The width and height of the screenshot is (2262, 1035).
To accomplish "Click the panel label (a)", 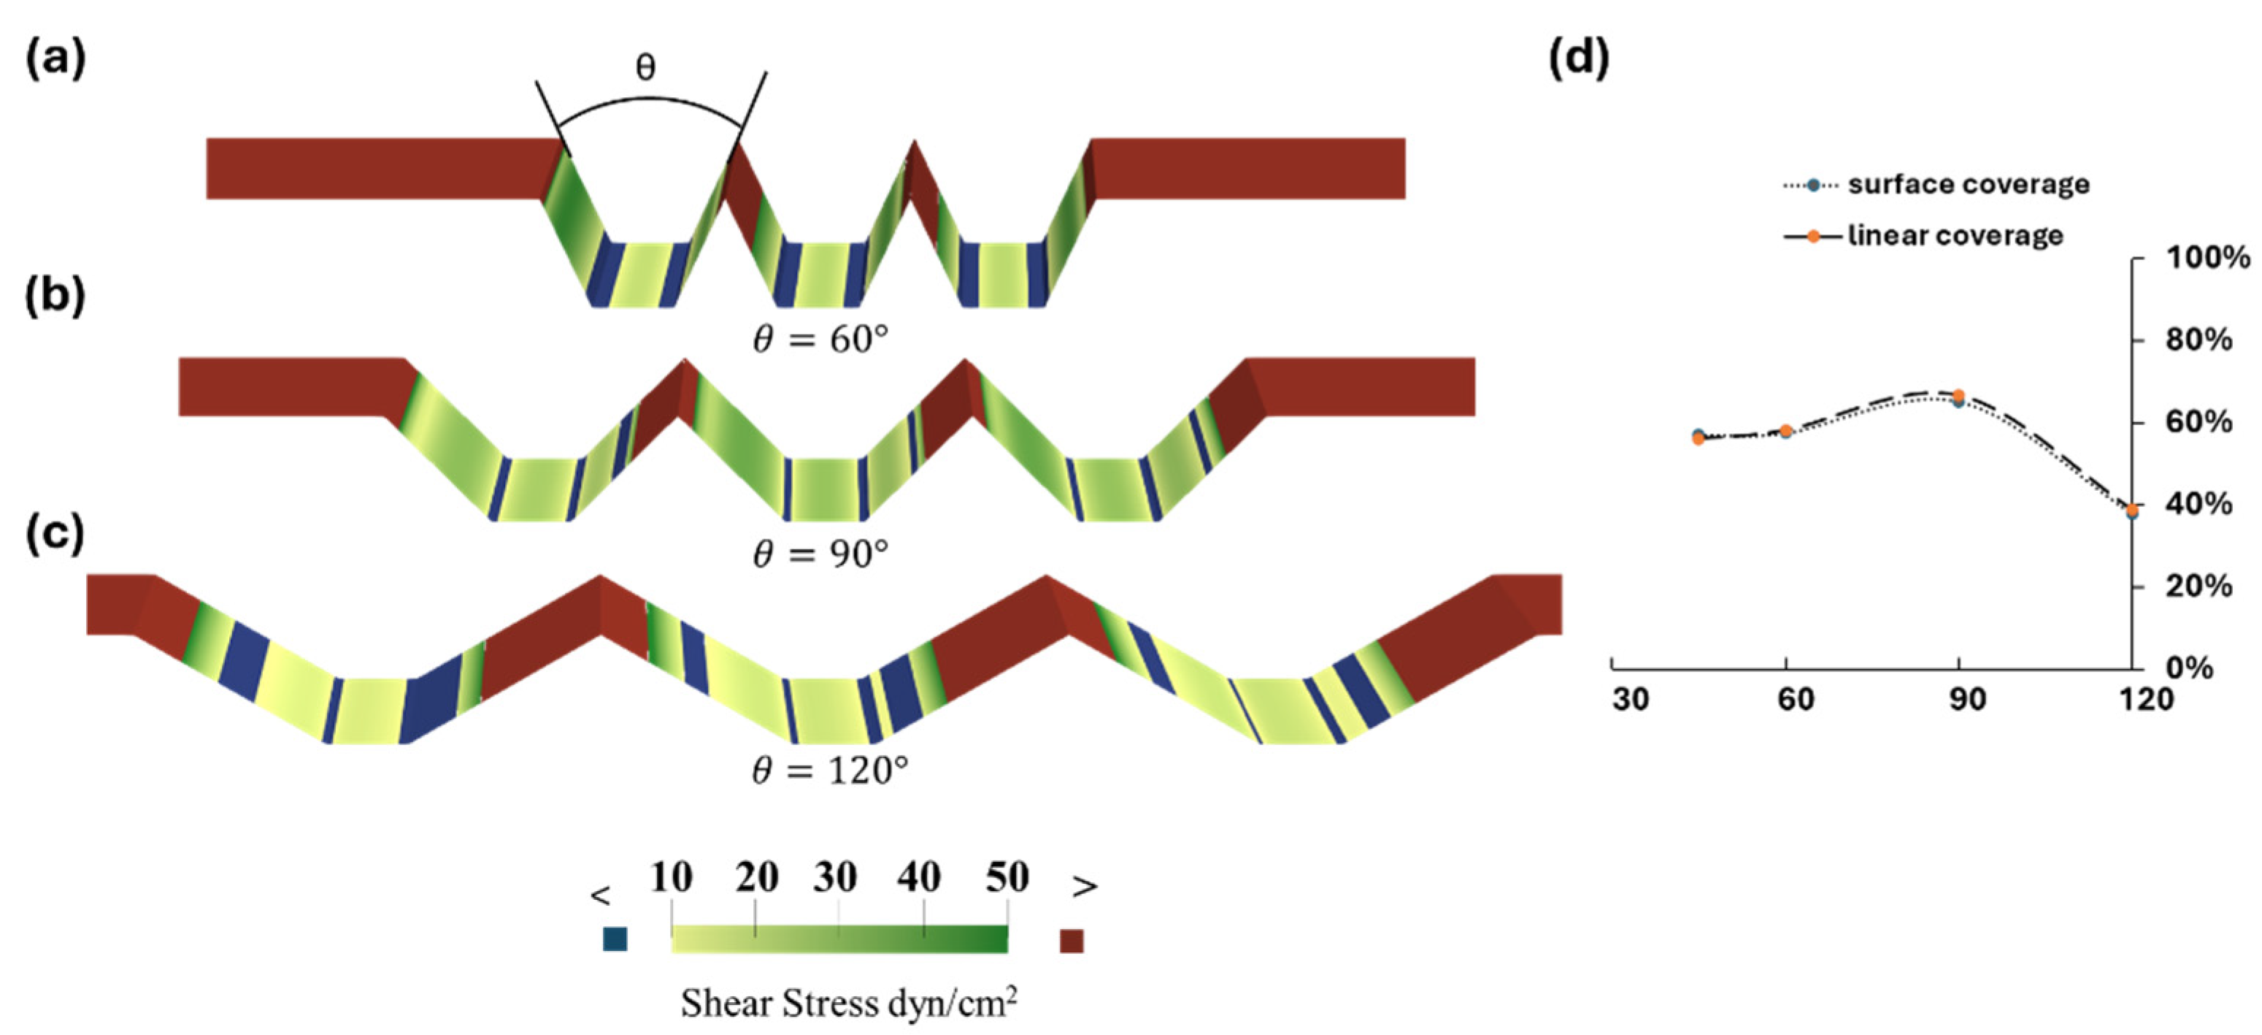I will tap(55, 61).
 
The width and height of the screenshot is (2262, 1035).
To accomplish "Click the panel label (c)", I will tap(55, 533).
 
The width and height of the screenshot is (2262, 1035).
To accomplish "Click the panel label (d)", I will tap(1579, 61).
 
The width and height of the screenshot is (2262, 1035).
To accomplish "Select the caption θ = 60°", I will tap(820, 338).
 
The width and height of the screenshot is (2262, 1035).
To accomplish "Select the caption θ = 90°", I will tap(820, 554).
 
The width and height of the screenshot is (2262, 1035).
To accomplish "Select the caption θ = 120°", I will tap(830, 771).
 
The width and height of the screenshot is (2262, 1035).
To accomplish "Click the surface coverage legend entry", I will tap(1968, 185).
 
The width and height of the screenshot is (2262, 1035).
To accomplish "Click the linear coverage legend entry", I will tap(1955, 235).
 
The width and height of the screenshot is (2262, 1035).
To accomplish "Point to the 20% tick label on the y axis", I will tap(2198, 586).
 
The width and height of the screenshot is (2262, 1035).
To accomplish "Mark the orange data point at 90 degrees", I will tap(1958, 395).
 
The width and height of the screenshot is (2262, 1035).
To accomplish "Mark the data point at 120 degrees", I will tap(2132, 511).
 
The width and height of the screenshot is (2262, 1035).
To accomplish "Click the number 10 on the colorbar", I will tap(672, 876).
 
